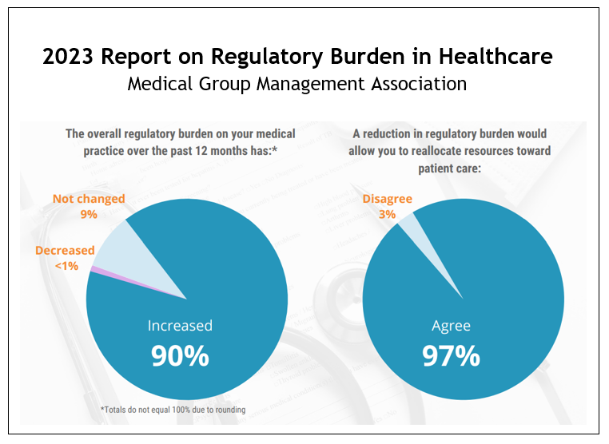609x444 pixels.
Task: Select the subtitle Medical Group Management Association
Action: coord(297,84)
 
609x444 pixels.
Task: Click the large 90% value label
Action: coord(180,356)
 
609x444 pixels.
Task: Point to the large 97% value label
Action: coord(451,356)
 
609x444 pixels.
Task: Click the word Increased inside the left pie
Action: coord(180,326)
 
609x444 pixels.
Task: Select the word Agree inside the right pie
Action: coord(451,326)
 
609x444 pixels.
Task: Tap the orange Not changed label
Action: coord(88,199)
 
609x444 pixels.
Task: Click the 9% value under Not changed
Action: coord(88,214)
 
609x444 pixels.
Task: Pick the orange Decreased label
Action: coord(65,251)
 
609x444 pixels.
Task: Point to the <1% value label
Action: coord(65,265)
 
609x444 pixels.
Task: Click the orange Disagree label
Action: coord(388,199)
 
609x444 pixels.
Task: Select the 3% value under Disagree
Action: coord(388,214)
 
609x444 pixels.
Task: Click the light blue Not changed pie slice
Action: coord(120,248)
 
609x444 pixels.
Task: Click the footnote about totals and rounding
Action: coord(173,410)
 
